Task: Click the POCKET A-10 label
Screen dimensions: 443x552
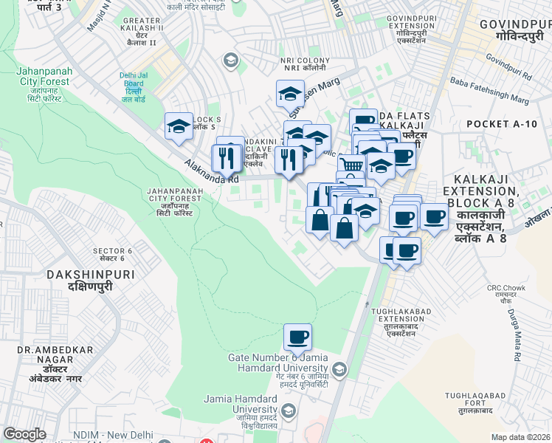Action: pos(502,124)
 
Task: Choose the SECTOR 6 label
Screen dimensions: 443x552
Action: pos(112,251)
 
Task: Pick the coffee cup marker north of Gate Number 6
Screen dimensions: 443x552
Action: pos(297,337)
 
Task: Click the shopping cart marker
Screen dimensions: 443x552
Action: pos(352,166)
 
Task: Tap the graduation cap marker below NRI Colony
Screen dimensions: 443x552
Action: pos(290,93)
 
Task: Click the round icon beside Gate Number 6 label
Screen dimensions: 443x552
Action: pos(339,368)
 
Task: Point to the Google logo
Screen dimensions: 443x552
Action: pos(25,435)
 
